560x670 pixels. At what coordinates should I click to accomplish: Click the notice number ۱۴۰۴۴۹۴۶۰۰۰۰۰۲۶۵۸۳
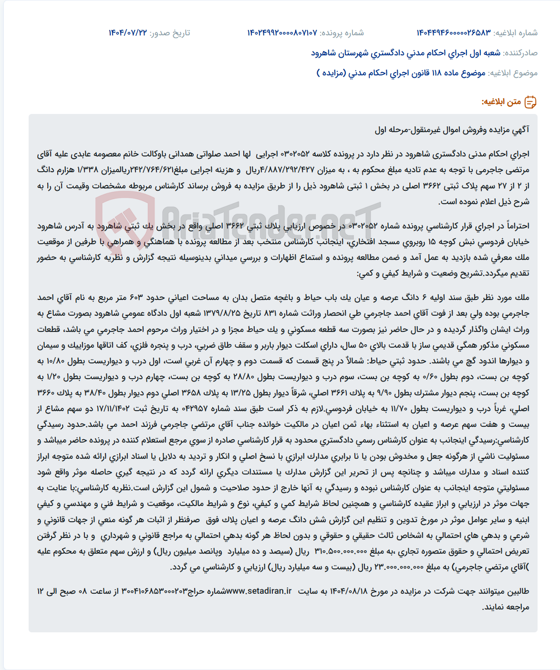[453, 33]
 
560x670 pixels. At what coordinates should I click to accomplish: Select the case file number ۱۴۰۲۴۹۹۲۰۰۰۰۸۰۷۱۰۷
[282, 33]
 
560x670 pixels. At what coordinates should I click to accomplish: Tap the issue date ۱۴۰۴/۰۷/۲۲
[128, 33]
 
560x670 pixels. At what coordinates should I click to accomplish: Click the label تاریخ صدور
[170, 33]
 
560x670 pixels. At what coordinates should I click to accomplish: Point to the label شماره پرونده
[342, 33]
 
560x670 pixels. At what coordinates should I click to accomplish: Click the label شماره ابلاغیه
[516, 33]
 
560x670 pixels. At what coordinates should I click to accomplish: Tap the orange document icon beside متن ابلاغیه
[530, 102]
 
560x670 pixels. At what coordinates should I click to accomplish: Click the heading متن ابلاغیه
[501, 102]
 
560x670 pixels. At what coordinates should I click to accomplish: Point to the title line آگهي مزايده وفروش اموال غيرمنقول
[452, 130]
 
